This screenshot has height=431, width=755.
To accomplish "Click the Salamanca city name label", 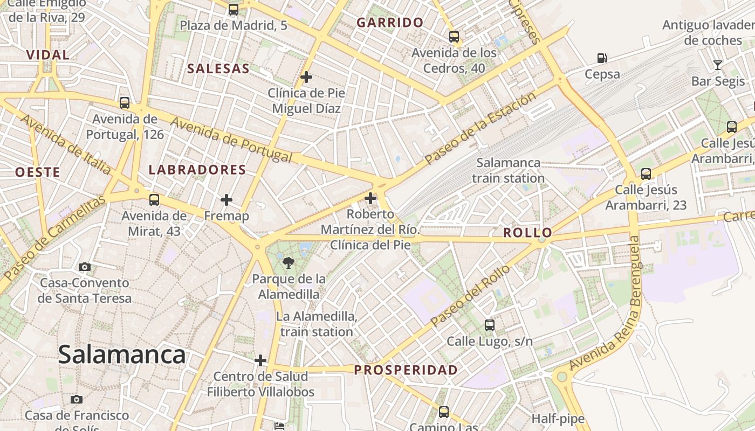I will tap(122, 354).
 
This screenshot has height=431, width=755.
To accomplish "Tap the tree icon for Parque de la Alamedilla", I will tap(289, 263).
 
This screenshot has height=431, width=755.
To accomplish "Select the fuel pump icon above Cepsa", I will tap(602, 58).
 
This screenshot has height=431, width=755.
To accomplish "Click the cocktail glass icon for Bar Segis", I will tap(717, 65).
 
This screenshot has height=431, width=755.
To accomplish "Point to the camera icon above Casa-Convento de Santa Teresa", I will tap(85, 267).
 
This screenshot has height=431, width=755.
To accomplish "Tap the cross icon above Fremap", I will tap(226, 200).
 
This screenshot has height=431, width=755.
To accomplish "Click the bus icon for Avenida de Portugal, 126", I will tap(125, 102).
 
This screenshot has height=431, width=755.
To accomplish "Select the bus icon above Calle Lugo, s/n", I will tap(489, 325).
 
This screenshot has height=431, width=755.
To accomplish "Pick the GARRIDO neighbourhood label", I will tap(390, 23).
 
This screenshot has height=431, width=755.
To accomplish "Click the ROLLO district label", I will tap(527, 233).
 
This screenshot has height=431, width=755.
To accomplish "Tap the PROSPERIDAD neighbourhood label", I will tap(406, 370).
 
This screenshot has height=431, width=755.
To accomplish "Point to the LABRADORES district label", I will tap(197, 170).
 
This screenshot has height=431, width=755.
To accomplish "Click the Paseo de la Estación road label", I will tap(480, 128).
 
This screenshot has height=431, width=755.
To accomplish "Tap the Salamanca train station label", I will tap(509, 170).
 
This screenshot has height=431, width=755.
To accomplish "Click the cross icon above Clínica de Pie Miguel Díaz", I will tap(306, 77).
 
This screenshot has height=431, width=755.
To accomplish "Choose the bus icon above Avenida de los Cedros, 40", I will tap(454, 37).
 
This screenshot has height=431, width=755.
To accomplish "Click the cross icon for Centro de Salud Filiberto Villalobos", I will tap(260, 360).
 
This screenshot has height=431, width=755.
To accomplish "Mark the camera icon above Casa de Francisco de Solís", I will tap(77, 399).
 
